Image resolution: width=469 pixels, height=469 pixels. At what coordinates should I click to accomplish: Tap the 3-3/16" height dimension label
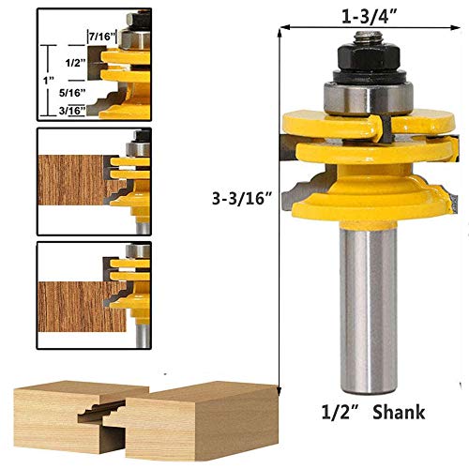pos(242,198)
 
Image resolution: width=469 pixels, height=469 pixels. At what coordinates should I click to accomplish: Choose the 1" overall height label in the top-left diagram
pos(46,81)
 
